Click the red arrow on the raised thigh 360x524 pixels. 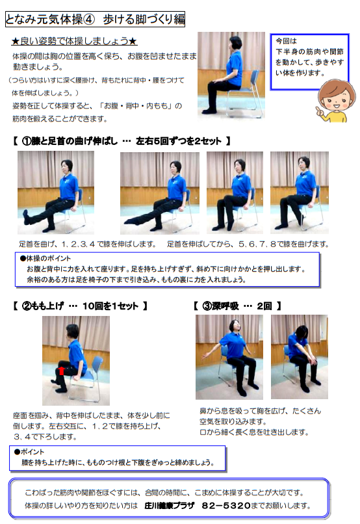[x=62, y=371]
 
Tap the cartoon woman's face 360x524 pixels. [x=336, y=98]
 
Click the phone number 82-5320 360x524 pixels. [x=225, y=505]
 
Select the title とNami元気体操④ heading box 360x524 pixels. [x=95, y=19]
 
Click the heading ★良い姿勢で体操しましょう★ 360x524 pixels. [x=74, y=41]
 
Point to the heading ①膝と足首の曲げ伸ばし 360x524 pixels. [x=70, y=141]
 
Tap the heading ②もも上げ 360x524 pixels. [x=42, y=306]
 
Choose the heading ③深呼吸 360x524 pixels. [x=220, y=306]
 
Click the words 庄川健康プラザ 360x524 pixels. [x=170, y=505]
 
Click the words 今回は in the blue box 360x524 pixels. [x=286, y=41]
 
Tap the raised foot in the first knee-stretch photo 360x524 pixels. [x=26, y=217]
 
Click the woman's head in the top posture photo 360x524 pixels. [x=235, y=43]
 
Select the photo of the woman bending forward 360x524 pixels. [x=299, y=356]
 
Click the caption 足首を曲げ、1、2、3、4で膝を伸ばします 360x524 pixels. [x=88, y=244]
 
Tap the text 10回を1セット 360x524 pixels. [x=110, y=306]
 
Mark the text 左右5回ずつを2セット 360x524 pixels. [x=178, y=141]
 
